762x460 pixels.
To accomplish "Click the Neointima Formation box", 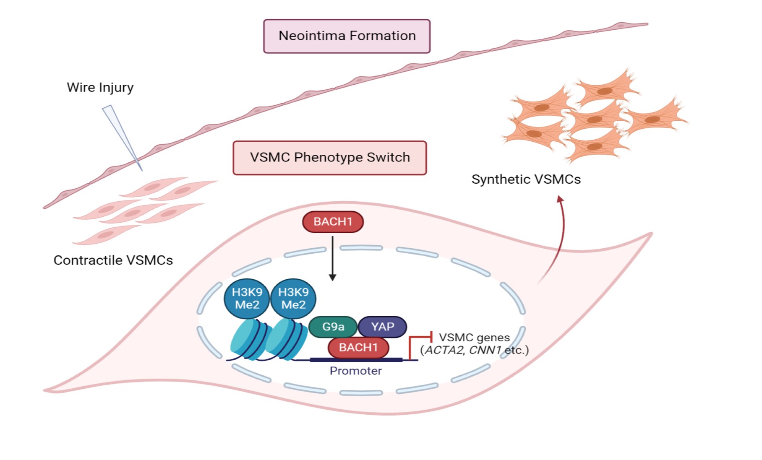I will pos(347,36).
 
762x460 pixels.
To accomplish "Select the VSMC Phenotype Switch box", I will pos(330,158).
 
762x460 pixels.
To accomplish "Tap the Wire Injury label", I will pos(100,87).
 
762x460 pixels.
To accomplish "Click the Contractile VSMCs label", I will pos(113,260).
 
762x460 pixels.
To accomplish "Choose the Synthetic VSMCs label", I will pos(526,179).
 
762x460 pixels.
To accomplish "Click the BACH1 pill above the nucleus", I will pos(333,221).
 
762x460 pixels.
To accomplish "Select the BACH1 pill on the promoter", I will pos(358,348).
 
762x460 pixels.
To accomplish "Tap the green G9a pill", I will pos(333,327).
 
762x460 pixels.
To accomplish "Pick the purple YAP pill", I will pos(382,327).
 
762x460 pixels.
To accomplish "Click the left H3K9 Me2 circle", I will pos(247,299).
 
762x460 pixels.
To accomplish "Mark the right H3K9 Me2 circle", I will pos(293,299).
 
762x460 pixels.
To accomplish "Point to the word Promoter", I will pos(355,371).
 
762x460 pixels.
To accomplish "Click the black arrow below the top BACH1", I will pos(333,258).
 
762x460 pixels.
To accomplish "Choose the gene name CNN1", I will pos(485,351).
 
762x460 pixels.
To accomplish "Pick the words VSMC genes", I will pos(474,338).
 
